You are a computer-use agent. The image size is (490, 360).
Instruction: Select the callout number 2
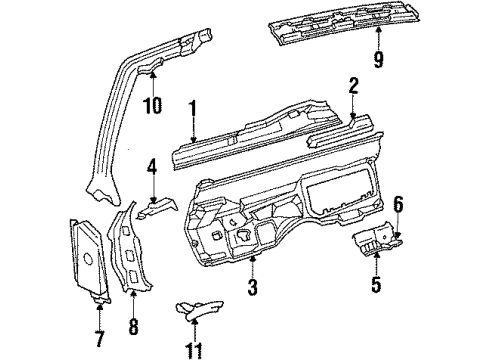click(x=352, y=87)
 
